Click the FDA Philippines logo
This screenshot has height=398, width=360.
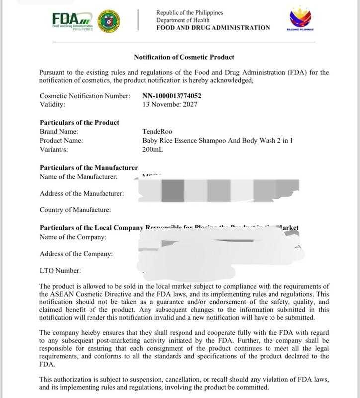(73, 21)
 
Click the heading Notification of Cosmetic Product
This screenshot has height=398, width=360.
(184, 57)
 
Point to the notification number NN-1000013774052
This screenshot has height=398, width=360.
(172, 96)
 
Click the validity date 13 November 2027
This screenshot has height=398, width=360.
(170, 104)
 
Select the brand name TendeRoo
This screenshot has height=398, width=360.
(157, 132)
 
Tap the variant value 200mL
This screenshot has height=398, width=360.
(152, 149)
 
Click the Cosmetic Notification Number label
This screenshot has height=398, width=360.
(85, 96)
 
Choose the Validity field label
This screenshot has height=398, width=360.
(52, 104)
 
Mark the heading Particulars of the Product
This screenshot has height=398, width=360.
(79, 122)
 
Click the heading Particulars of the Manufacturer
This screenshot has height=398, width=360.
(89, 167)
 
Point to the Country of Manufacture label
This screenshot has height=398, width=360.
(75, 210)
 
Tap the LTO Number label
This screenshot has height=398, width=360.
(60, 271)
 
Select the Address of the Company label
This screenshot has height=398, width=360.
(76, 254)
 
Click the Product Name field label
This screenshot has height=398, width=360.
(62, 140)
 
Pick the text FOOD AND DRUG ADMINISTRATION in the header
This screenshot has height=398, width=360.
(213, 28)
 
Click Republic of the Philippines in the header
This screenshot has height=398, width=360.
(189, 12)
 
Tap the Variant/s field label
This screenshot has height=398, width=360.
(54, 149)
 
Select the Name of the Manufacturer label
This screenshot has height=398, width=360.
(79, 176)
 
